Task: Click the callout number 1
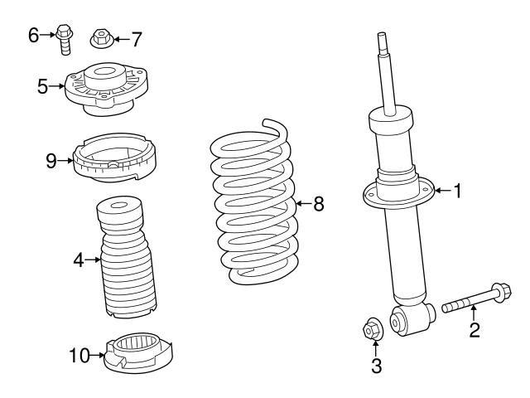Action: (456, 191)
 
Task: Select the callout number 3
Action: (375, 364)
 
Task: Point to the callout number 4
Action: (79, 260)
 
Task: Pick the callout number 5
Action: (43, 85)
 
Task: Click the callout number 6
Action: (34, 34)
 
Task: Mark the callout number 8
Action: (319, 204)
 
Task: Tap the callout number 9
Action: (51, 160)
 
